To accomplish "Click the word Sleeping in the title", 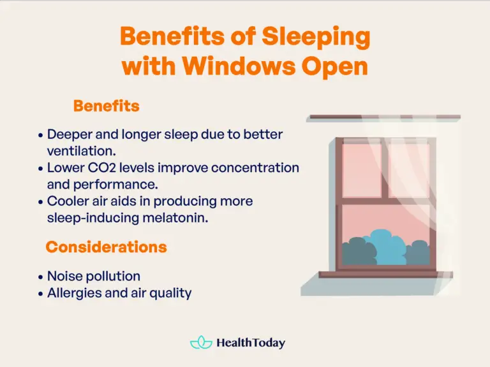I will (315, 36).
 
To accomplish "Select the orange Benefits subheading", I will (106, 106).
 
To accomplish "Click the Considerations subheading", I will (106, 247).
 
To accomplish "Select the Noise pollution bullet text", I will (94, 276).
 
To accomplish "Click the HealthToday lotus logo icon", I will (200, 342).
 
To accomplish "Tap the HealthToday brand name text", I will (251, 342).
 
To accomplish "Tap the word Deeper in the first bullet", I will (69, 134).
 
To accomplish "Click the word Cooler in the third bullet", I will (69, 201).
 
